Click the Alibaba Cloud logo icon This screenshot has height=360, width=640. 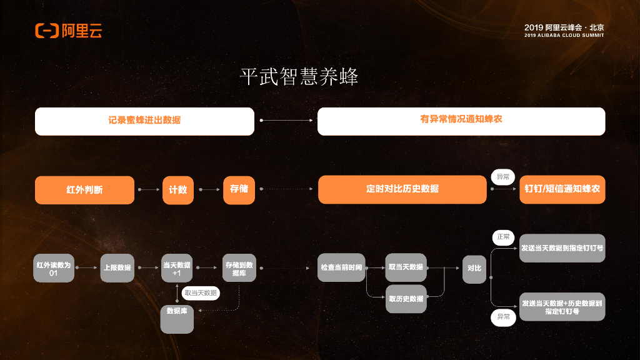pyautogui.click(x=47, y=31)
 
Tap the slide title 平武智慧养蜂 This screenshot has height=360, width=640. pyautogui.click(x=299, y=77)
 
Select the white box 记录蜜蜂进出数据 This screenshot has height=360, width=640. pyautogui.click(x=144, y=121)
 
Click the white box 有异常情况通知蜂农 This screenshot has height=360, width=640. pyautogui.click(x=461, y=121)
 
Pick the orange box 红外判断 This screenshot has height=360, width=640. pyautogui.click(x=84, y=190)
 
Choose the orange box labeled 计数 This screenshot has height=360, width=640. pyautogui.click(x=178, y=190)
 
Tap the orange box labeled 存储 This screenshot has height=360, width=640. pyautogui.click(x=239, y=190)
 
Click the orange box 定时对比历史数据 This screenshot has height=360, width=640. pyautogui.click(x=402, y=189)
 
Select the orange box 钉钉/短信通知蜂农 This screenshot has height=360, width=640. pyautogui.click(x=562, y=189)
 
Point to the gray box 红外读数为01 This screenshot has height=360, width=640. pyautogui.click(x=53, y=268)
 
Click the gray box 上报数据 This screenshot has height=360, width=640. pyautogui.click(x=117, y=268)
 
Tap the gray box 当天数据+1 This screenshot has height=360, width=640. pyautogui.click(x=177, y=268)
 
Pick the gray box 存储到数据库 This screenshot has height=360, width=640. pyautogui.click(x=239, y=268)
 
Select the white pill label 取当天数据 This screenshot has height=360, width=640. pyautogui.click(x=201, y=292)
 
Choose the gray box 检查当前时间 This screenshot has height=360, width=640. pyautogui.click(x=341, y=267)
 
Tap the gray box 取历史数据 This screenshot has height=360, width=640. pyautogui.click(x=406, y=299)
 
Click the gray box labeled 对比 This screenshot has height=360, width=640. pyautogui.click(x=474, y=268)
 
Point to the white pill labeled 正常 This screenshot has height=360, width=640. pyautogui.click(x=503, y=237)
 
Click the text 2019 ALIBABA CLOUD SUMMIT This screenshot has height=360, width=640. pyautogui.click(x=564, y=36)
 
